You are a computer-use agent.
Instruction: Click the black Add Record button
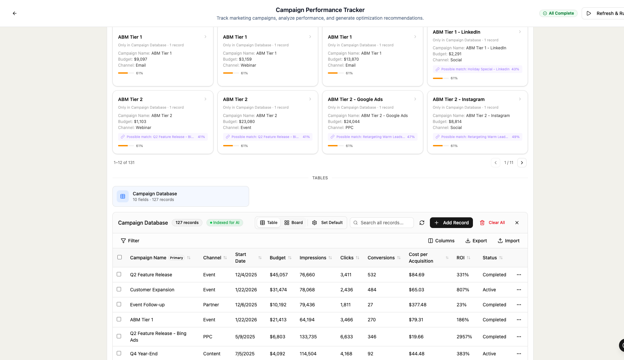451,223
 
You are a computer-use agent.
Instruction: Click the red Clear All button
493,223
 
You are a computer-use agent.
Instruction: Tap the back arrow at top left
15,13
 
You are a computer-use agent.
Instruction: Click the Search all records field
382,223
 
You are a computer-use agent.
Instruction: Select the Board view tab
293,223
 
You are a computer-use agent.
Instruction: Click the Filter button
130,241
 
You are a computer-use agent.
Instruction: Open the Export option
476,241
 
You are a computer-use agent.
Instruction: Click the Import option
509,241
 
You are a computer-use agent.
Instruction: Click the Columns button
441,241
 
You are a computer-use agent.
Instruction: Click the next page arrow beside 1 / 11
522,163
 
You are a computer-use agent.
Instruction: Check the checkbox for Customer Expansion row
119,289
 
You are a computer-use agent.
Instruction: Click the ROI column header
461,258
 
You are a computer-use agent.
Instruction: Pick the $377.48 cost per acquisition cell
418,305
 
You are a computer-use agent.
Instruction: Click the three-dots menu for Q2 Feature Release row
519,275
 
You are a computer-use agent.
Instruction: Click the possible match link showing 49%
477,137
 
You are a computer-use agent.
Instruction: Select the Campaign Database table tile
181,196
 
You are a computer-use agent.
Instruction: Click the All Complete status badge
558,13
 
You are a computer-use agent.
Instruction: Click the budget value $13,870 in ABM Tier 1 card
351,59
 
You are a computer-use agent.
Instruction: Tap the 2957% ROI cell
464,337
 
